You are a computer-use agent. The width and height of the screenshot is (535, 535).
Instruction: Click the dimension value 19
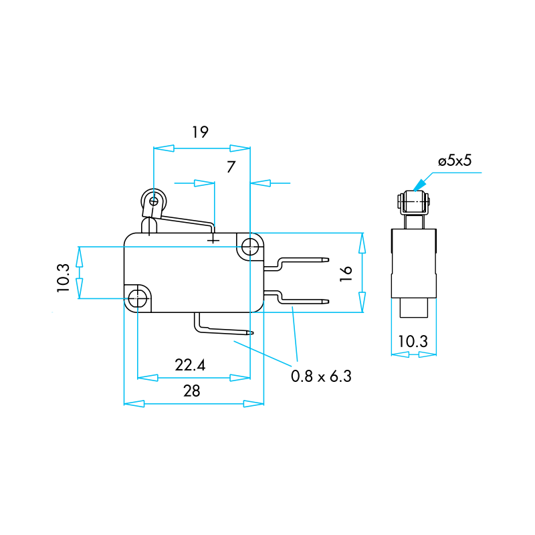[x=200, y=132]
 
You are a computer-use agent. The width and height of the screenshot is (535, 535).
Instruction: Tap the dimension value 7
[x=231, y=167]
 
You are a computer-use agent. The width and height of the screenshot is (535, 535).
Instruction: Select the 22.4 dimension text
[x=190, y=365]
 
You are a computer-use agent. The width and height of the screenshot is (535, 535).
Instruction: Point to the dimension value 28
[x=192, y=391]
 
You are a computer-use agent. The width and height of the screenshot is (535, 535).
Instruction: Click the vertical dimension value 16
[x=346, y=274]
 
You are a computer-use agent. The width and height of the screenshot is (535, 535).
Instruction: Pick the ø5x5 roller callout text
[x=455, y=160]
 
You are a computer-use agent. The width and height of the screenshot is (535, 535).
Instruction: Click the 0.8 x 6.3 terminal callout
[x=321, y=376]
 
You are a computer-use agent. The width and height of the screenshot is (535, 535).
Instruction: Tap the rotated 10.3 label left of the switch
[x=63, y=278]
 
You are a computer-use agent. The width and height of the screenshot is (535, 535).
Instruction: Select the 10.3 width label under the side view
[x=413, y=341]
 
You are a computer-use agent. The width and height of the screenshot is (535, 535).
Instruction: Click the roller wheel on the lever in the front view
[x=154, y=201]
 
